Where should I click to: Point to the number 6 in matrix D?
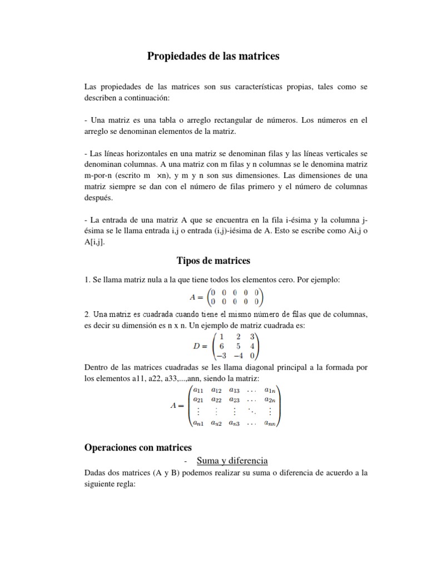221,346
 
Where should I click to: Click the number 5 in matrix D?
237,346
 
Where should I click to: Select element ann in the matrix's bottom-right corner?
269,423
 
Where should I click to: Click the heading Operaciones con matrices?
138,447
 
